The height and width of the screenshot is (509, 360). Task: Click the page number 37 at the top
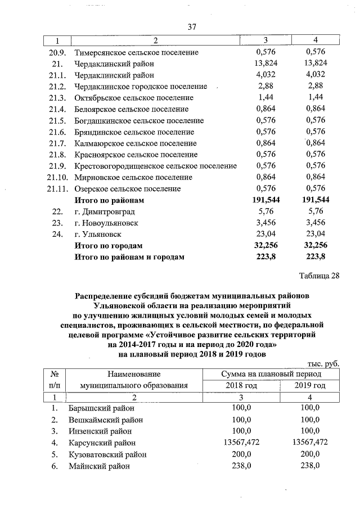pyautogui.click(x=191, y=27)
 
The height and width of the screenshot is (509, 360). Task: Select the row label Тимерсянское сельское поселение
pyautogui.click(x=136, y=52)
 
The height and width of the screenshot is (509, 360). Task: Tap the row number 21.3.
pyautogui.click(x=58, y=98)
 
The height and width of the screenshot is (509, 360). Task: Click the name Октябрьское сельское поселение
pyautogui.click(x=130, y=98)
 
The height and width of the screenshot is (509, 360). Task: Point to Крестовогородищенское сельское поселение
pyautogui.click(x=155, y=166)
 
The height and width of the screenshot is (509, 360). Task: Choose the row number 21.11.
pyautogui.click(x=58, y=188)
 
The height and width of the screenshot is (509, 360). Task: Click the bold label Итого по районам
pyautogui.click(x=109, y=200)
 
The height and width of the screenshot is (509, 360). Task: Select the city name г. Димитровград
pyautogui.click(x=105, y=211)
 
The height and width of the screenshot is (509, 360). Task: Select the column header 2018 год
pyautogui.click(x=241, y=385)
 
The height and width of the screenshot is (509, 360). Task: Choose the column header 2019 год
pyautogui.click(x=310, y=385)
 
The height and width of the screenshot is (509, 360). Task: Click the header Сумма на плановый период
pyautogui.click(x=271, y=373)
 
